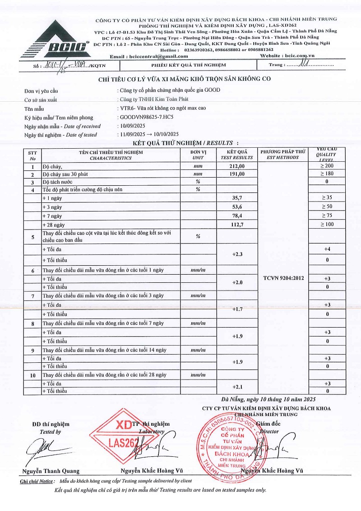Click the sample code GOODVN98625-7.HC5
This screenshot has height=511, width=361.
[145, 117]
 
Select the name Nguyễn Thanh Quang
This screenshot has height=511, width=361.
[51, 471]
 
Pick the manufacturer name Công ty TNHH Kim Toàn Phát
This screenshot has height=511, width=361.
[153, 99]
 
